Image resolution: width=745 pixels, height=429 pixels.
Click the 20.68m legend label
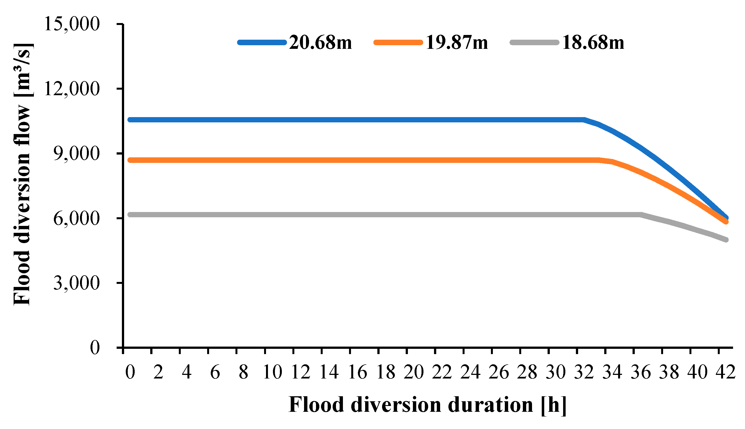point(320,43)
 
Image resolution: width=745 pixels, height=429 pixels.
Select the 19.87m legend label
point(457,43)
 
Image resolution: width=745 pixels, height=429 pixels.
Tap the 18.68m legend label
point(593,43)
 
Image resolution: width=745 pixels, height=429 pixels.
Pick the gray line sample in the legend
point(534,43)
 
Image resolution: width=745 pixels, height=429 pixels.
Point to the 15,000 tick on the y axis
point(72,24)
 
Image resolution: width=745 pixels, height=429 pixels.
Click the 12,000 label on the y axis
point(72,89)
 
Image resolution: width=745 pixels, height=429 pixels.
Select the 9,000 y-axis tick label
point(76,153)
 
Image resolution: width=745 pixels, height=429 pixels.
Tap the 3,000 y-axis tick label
point(76,283)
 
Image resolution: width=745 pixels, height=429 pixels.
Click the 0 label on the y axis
point(95,348)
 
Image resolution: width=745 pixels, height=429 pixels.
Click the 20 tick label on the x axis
point(414,372)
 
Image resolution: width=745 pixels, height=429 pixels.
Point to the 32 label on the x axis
point(584,372)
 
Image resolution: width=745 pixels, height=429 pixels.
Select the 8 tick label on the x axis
point(243,372)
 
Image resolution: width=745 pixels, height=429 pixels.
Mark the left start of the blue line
point(130,120)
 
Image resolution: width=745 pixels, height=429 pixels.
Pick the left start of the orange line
point(130,160)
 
